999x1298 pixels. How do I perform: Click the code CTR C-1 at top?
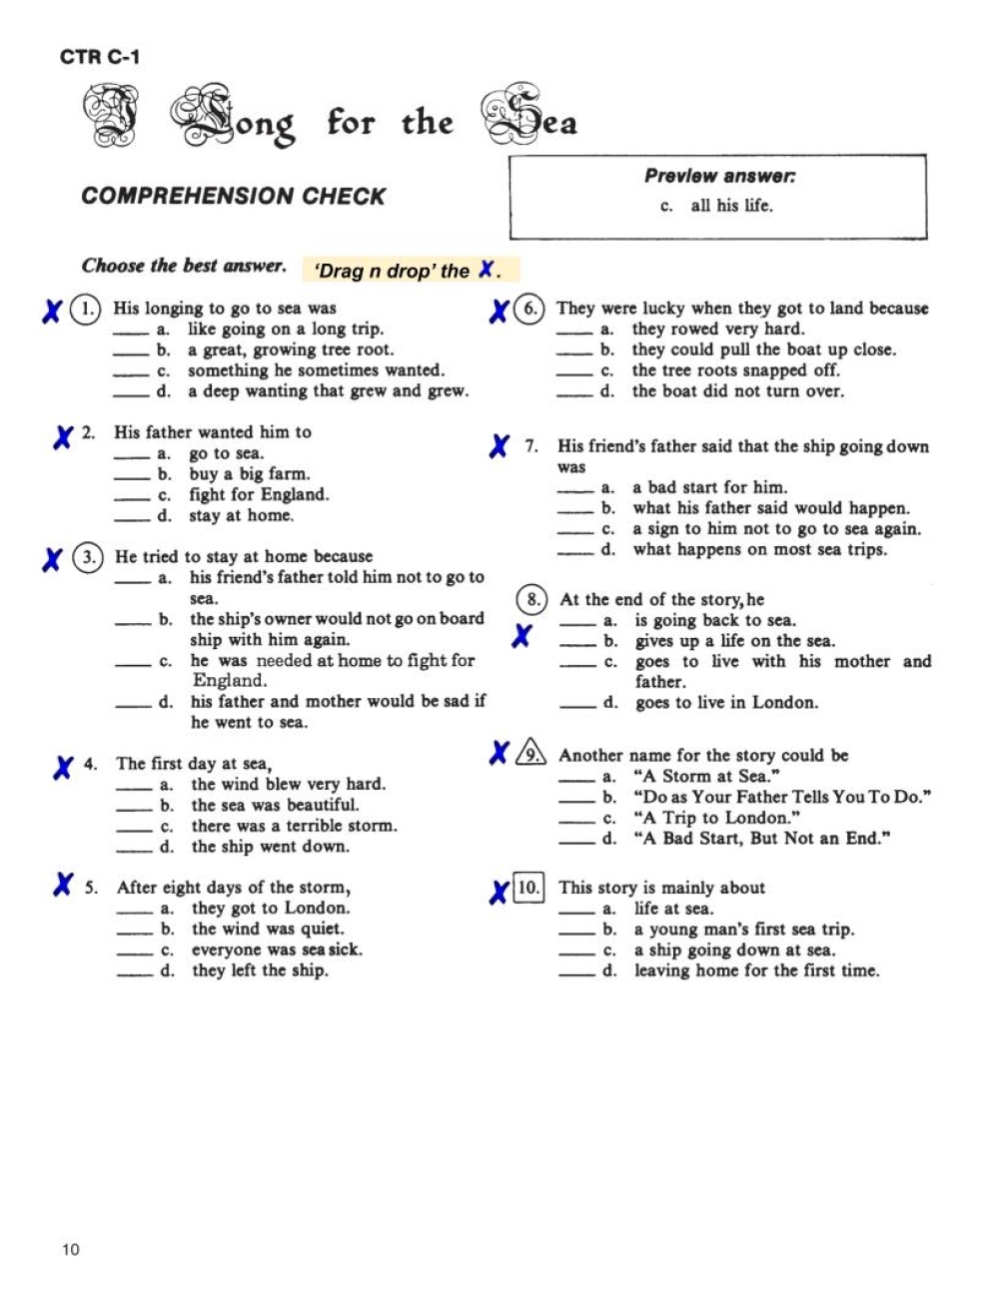pos(100,57)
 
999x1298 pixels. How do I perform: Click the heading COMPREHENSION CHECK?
pos(233,196)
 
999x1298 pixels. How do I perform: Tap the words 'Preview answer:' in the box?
pos(719,176)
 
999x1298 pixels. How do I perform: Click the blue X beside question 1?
pos(52,312)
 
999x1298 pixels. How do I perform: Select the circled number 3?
pos(88,556)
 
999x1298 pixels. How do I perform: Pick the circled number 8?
pos(532,599)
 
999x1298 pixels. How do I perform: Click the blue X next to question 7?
pos(499,446)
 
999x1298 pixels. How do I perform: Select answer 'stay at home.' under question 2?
pos(241,515)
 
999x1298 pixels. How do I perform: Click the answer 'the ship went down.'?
pos(270,847)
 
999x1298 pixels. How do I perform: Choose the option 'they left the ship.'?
pos(260,971)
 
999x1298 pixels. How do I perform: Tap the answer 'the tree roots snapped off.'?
pos(735,370)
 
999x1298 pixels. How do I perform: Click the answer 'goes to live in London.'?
pos(726,703)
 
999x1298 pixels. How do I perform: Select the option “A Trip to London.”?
pos(716,818)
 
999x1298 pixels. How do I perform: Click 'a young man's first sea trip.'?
pos(744,930)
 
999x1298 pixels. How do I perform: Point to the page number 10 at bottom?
pos(70,1249)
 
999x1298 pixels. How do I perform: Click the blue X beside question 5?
pos(63,885)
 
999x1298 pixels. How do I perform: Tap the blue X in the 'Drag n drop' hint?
pos(487,270)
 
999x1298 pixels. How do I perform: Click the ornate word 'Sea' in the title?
pos(529,122)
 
